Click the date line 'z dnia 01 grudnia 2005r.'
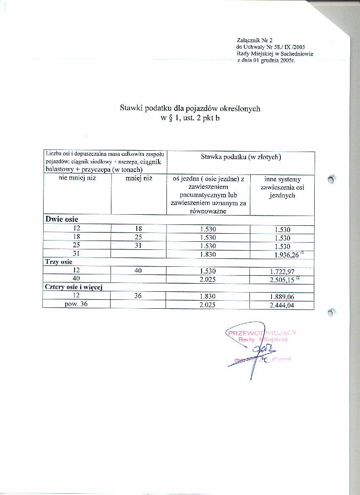[265, 61]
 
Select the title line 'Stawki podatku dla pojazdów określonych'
[190, 109]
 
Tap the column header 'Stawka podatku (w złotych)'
[240, 157]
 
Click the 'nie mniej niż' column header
[77, 178]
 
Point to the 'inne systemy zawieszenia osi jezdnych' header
[282, 188]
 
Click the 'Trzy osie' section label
[59, 262]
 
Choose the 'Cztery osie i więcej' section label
[75, 288]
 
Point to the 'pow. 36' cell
[77, 305]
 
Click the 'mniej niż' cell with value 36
[138, 296]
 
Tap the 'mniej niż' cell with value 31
[138, 246]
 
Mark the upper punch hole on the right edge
[332, 180]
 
